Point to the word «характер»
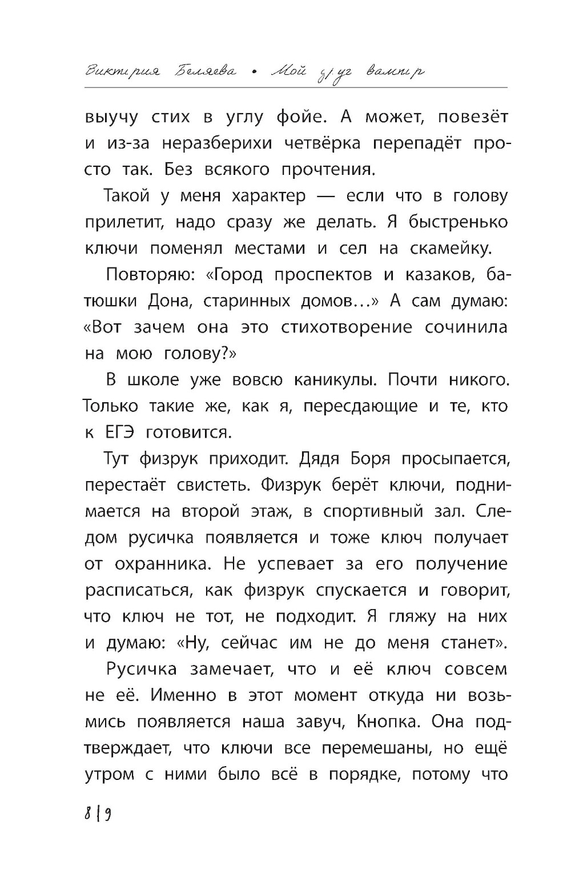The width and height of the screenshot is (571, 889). (269, 196)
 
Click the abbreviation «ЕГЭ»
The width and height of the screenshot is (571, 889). (118, 433)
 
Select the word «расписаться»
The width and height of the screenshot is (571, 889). (139, 590)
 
